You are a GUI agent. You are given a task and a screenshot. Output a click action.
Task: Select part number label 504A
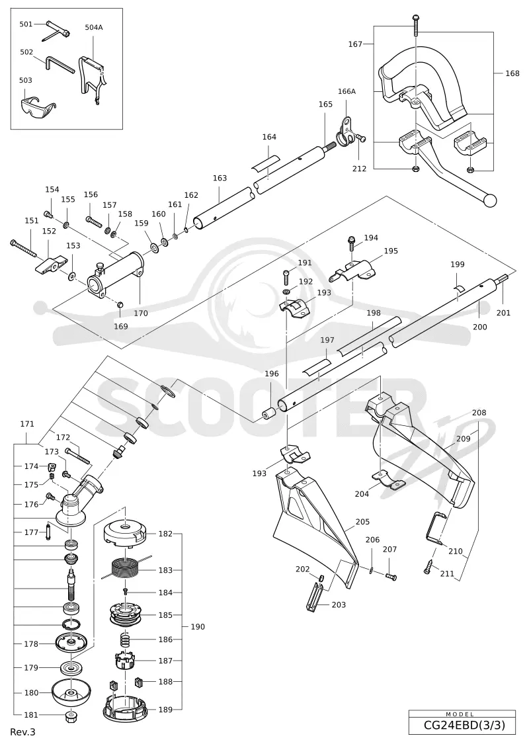pos(93,27)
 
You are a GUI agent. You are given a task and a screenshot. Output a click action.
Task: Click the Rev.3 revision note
pos(22,731)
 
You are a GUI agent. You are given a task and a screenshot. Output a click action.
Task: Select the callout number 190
pos(198,626)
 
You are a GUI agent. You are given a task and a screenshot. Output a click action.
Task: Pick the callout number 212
pos(359,169)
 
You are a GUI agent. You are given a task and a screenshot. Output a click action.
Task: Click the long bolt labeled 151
pos(23,249)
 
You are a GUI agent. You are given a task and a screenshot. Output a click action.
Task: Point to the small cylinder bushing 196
pos(270,411)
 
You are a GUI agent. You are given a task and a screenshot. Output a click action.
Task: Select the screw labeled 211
pos(429,565)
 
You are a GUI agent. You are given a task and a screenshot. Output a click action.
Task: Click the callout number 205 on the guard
pos(362,522)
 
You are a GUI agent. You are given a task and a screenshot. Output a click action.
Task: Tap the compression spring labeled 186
pos(125,640)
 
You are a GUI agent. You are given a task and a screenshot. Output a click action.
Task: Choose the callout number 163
pos(220,178)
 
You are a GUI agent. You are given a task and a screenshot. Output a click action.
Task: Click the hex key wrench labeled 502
pos(60,64)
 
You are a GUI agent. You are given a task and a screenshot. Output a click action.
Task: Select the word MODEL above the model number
pos(460,714)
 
